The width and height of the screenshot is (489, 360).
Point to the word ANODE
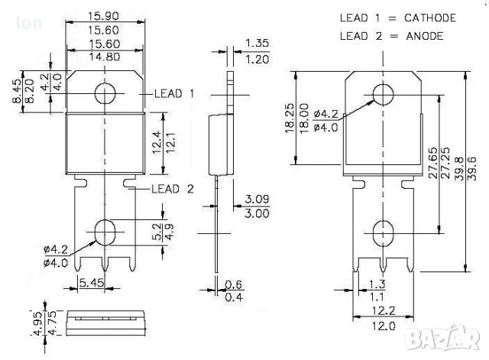point(420,35)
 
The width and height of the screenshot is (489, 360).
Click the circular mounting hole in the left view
point(105,93)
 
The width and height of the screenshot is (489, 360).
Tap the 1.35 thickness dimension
point(258,43)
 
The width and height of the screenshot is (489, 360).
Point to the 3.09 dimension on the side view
point(257,199)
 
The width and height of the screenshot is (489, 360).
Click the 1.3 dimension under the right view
point(377,284)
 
